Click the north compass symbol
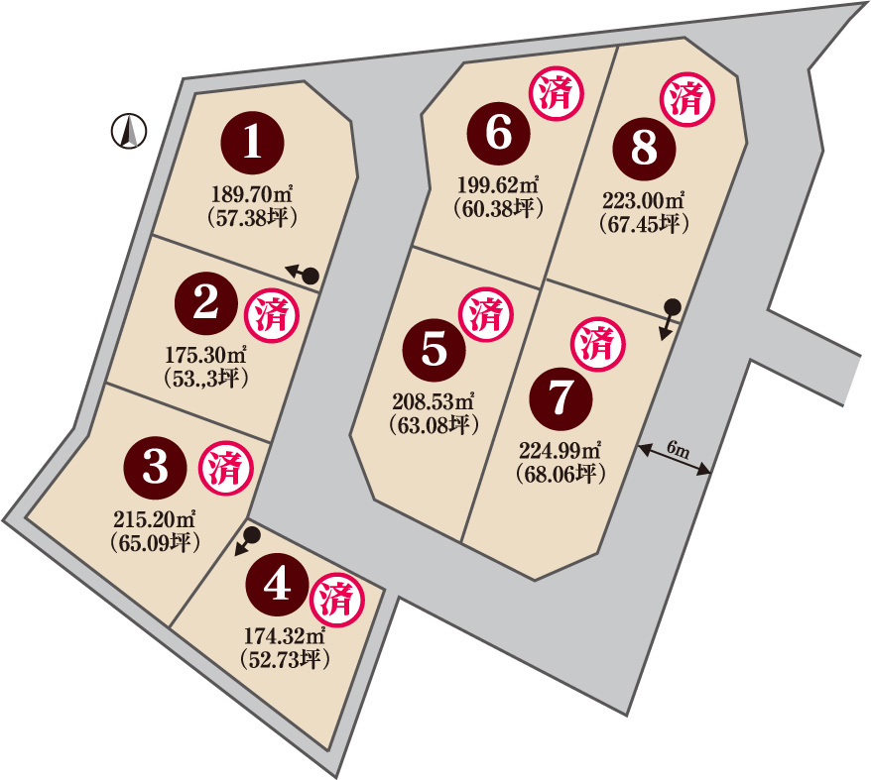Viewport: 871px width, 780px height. [x=129, y=131]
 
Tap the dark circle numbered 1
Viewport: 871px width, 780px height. [x=253, y=143]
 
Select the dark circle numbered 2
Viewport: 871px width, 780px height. [x=205, y=303]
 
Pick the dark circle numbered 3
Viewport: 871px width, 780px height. [x=156, y=468]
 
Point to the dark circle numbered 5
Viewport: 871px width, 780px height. [x=435, y=350]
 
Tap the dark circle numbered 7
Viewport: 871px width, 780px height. [x=561, y=398]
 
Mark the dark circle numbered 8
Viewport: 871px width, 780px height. [x=645, y=149]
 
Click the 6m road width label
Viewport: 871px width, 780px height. [x=678, y=449]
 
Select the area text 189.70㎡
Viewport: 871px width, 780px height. [x=252, y=194]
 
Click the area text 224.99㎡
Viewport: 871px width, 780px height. [x=560, y=450]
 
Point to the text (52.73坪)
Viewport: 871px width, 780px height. [x=286, y=659]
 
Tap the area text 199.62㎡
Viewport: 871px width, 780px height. [x=498, y=183]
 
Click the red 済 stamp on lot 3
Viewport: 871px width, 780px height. [x=226, y=469]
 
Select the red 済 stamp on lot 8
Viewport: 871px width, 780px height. [x=687, y=99]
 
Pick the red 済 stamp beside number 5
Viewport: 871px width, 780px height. [x=487, y=314]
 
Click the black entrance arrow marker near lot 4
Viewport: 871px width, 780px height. [x=247, y=541]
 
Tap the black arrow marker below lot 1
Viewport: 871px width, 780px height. [x=303, y=275]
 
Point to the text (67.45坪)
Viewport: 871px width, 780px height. [x=645, y=224]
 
